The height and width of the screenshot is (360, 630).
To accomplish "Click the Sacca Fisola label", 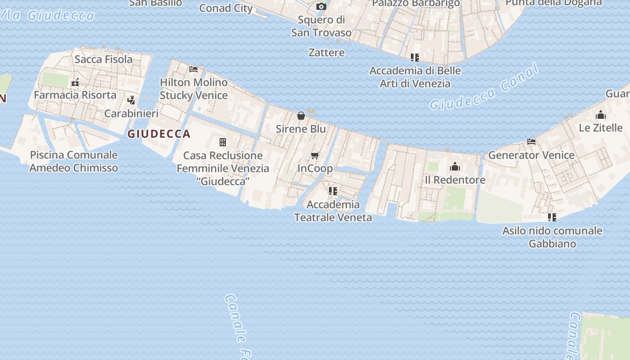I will [103, 59].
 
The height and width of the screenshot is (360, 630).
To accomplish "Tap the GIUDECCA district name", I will [159, 134].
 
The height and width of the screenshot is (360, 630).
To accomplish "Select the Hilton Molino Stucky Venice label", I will [193, 89].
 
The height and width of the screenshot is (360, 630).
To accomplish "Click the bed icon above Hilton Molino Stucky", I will [193, 69].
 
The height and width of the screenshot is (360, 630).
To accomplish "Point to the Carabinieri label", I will [131, 113].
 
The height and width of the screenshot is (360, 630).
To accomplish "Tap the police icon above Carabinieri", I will [131, 100].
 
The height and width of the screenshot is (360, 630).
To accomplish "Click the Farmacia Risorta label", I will [75, 95].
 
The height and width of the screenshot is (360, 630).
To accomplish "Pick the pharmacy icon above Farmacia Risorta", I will [75, 82].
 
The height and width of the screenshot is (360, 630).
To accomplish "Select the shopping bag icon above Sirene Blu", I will [301, 116].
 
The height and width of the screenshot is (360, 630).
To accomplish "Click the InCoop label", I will [315, 169].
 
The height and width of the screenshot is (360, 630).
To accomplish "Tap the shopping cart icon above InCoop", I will [315, 156].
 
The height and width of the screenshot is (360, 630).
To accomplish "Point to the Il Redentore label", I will [455, 180].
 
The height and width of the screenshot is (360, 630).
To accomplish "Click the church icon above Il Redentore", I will [455, 167].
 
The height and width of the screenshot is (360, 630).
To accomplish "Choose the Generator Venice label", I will [531, 155].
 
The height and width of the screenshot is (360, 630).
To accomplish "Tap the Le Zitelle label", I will [600, 128].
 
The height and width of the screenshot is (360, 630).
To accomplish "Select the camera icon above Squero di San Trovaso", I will [321, 6].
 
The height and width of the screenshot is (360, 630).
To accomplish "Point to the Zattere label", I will [327, 53].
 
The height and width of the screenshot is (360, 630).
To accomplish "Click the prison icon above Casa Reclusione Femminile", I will [223, 142].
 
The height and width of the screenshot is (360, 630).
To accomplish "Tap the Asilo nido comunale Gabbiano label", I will [552, 237].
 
